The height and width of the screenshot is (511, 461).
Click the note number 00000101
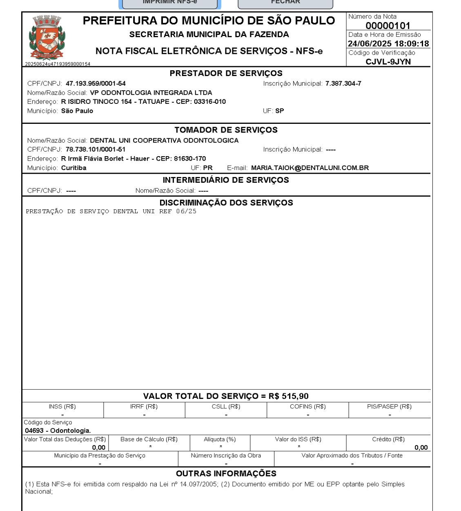point(388,25)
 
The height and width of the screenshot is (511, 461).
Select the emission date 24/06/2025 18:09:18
point(388,44)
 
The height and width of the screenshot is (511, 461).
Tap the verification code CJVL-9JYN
point(388,62)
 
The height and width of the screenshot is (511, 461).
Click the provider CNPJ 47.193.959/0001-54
point(96,83)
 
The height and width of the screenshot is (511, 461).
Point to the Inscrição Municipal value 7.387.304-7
point(343,83)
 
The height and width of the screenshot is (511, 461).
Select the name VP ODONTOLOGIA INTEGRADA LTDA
point(151,93)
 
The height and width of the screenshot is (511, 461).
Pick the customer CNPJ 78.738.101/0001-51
point(96,150)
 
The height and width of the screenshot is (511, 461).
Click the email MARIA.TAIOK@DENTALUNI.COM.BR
point(310,168)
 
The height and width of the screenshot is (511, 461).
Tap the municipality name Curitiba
point(73,168)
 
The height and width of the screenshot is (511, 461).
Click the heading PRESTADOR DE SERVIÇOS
point(226,74)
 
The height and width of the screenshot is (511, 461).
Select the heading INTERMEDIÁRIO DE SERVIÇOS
point(226,180)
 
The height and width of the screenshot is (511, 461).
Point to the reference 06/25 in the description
point(186,211)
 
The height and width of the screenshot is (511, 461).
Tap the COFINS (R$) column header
point(307,406)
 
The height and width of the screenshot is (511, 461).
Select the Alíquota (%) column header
point(220,439)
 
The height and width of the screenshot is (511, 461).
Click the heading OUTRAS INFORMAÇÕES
point(226,474)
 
